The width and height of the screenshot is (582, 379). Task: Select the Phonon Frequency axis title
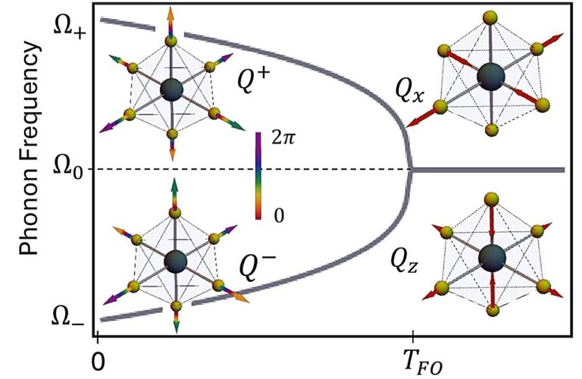click(29, 148)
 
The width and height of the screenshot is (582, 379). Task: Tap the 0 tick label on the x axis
click(98, 361)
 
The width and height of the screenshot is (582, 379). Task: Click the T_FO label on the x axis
click(423, 362)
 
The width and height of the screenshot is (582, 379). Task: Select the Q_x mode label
click(409, 92)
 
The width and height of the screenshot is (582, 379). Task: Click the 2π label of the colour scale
click(283, 139)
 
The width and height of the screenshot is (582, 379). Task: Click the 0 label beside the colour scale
click(279, 215)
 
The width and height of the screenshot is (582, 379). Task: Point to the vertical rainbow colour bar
click(258, 176)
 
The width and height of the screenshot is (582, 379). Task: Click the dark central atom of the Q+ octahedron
click(171, 90)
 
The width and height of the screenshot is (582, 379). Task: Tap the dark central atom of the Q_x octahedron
click(491, 77)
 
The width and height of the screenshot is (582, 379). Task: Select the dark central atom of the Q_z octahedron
click(492, 257)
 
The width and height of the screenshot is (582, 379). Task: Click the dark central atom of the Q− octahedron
click(176, 262)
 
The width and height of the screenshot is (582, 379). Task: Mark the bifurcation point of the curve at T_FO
click(411, 170)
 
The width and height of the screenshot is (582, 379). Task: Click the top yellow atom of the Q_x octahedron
click(491, 17)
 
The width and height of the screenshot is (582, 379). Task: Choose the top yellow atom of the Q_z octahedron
click(492, 199)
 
